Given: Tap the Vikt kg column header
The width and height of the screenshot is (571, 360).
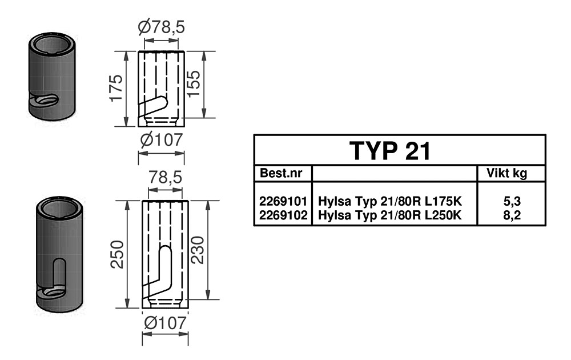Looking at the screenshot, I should coord(506,173).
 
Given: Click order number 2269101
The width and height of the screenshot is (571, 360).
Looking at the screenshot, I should coord(284,202).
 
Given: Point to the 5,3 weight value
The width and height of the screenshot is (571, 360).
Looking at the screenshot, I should coord(512,202).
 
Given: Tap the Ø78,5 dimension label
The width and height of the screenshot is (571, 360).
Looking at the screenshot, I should coord(162,27).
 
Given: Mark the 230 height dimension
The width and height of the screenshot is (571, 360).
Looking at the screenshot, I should coord(197,250).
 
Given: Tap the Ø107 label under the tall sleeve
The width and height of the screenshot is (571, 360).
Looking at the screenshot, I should coord(165,323).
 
